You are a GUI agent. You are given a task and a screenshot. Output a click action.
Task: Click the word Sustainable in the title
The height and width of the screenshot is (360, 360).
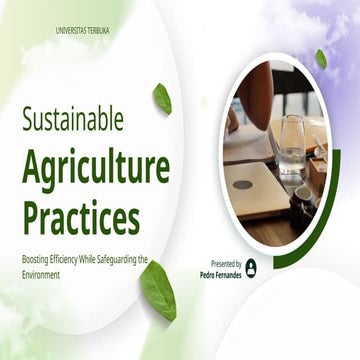click(73, 120)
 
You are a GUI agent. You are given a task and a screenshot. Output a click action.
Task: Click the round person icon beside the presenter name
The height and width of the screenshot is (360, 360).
click(250, 267)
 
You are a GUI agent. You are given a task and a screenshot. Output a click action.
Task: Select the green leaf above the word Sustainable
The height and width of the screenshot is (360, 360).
click(161, 98)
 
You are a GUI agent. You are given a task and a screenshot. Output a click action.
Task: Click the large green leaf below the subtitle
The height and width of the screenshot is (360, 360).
click(157, 290)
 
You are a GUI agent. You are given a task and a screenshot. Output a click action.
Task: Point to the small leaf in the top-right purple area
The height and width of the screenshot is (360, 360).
click(321, 59)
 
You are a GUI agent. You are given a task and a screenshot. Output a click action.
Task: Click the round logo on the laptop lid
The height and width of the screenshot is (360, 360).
click(243, 184)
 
